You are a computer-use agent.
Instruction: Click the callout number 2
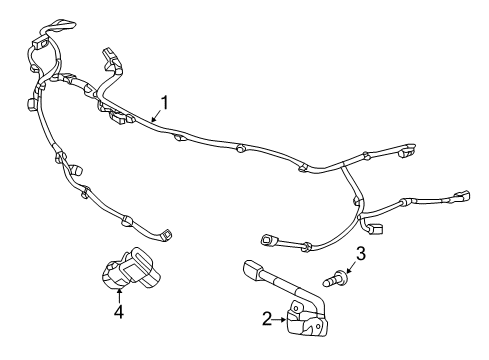266,318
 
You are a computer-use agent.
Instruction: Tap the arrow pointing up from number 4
118,293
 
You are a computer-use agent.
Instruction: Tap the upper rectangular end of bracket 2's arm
251,266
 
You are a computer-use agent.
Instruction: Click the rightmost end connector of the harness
462,195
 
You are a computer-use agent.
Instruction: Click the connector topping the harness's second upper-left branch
108,54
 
